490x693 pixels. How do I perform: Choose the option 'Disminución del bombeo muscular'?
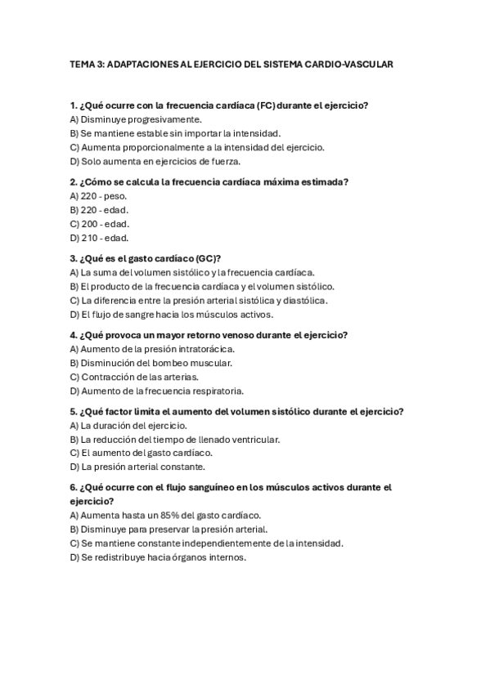(x=151, y=363)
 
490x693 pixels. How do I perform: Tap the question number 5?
(x=74, y=411)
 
